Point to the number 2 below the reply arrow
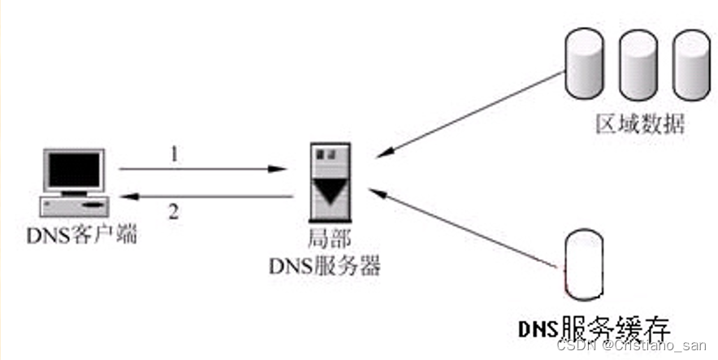coord(173,213)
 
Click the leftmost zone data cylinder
coord(583,63)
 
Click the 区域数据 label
coord(640,124)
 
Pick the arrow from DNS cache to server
coord(463,228)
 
